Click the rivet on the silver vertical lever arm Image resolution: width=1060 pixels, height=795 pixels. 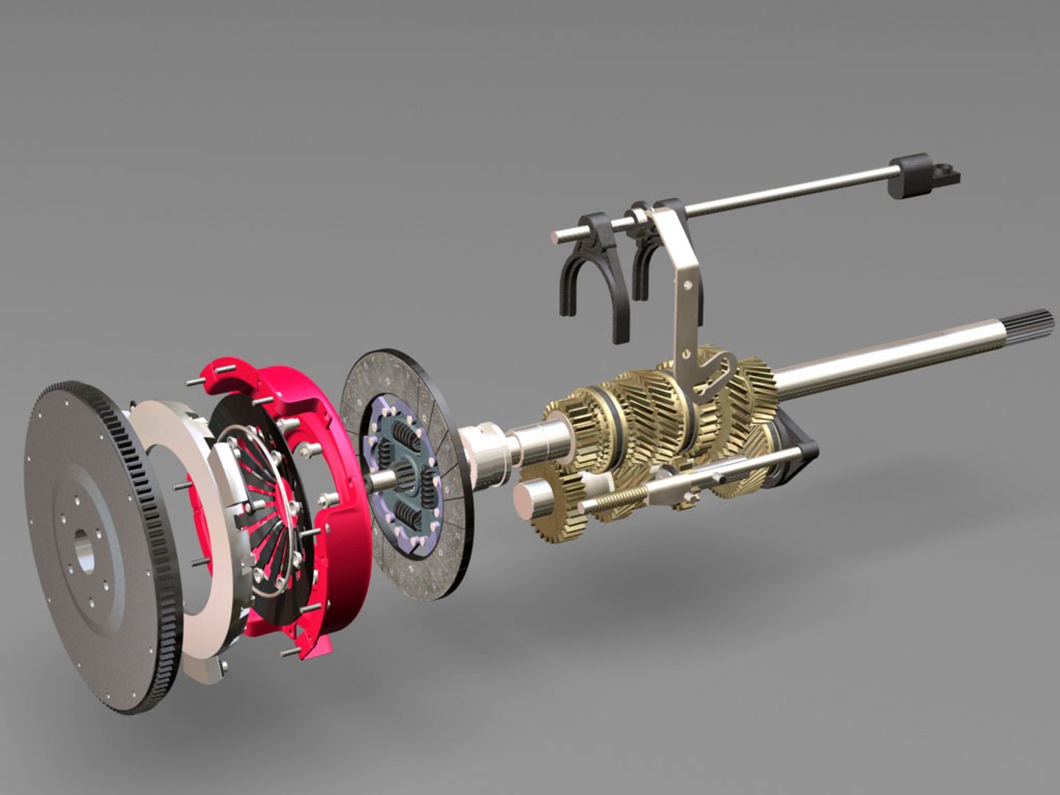[687, 283]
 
